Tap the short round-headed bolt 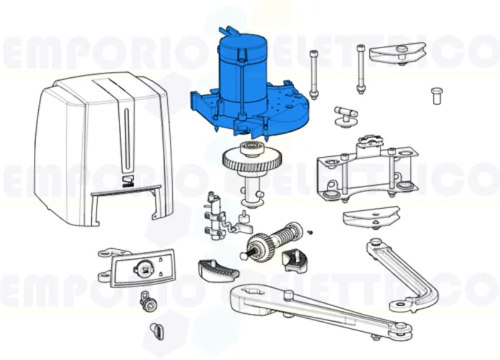[436, 95]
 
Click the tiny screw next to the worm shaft [309, 231]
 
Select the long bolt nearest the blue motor [313, 76]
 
